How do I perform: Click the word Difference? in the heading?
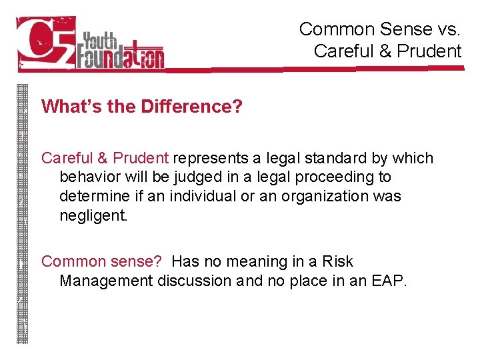click(x=191, y=107)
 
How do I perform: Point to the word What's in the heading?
click(x=66, y=107)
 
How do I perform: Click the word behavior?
click(x=87, y=177)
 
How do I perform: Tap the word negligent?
click(x=91, y=215)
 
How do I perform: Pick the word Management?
click(x=106, y=281)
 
